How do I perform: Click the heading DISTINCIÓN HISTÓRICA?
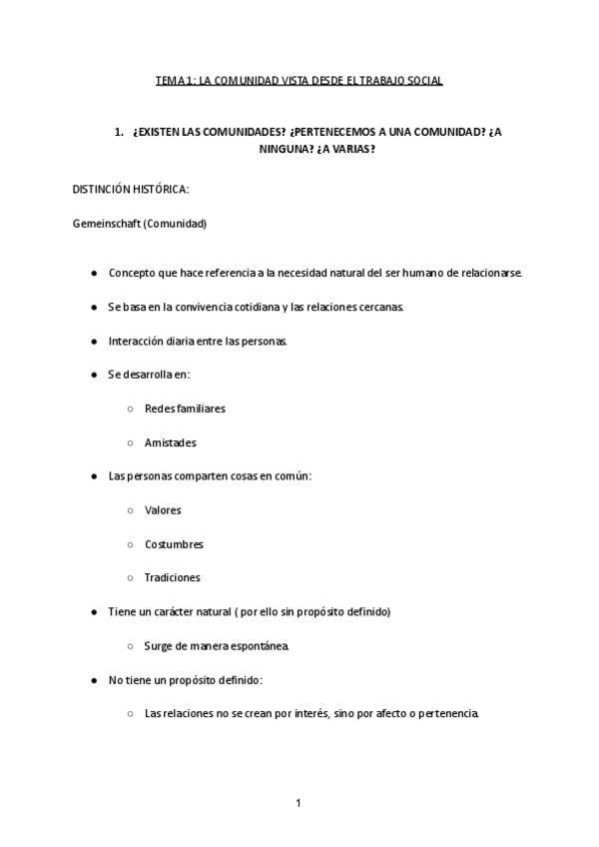tap(131, 190)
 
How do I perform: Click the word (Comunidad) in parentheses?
tap(175, 224)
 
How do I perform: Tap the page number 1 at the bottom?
tap(299, 802)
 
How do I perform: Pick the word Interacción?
tap(136, 341)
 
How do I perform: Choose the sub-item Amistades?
tap(170, 442)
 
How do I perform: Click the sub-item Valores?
tap(163, 510)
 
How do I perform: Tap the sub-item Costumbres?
tap(174, 544)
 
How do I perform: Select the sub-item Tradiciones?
tap(172, 577)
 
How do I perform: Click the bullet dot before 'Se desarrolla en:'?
tap(94, 375)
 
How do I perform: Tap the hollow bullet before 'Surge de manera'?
tap(131, 646)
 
